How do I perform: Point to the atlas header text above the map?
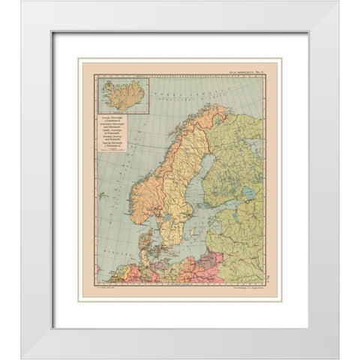click(x=238, y=70)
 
